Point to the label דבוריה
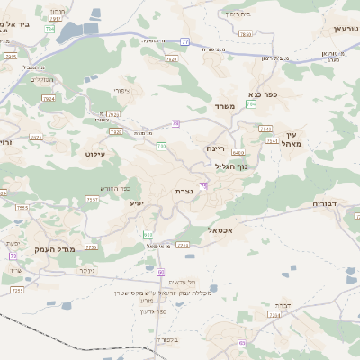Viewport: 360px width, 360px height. click(325, 204)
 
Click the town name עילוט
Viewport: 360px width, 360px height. click(95, 155)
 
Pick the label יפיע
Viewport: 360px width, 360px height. click(137, 202)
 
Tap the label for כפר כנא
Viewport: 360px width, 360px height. click(261, 94)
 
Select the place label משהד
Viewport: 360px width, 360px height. click(225, 106)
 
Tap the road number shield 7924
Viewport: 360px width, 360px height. click(48, 99)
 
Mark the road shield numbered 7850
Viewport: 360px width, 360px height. click(22, 208)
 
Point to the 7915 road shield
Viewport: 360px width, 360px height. click(10, 57)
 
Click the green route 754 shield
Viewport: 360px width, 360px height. click(49, 29)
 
